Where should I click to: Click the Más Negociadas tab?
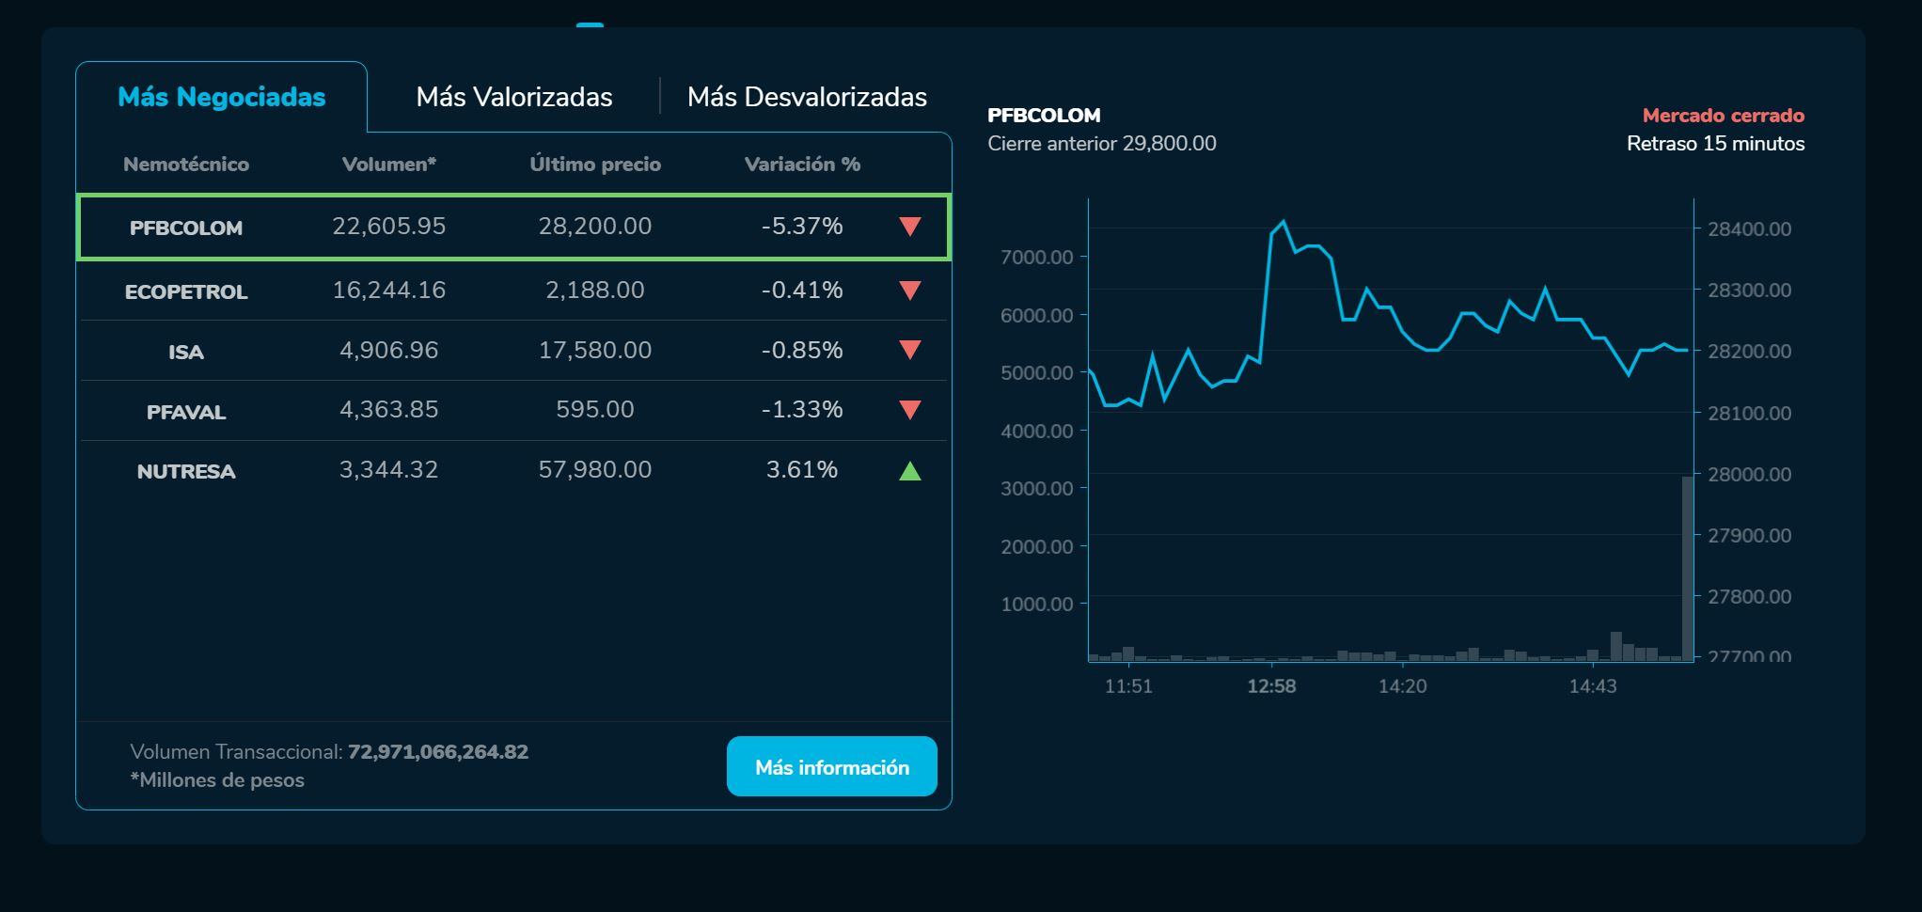click(x=221, y=97)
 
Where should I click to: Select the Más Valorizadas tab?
click(x=513, y=97)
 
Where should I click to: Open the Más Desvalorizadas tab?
click(x=807, y=97)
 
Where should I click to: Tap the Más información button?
click(x=831, y=767)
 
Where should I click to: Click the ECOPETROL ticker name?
click(x=186, y=291)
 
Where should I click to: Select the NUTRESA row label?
click(x=186, y=471)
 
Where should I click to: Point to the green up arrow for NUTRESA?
click(x=909, y=471)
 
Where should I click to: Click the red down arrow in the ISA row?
click(x=909, y=350)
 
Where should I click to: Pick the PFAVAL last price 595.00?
click(x=594, y=410)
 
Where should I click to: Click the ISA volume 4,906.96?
click(x=388, y=350)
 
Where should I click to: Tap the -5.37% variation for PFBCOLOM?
click(x=801, y=227)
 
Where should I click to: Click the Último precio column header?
click(x=594, y=165)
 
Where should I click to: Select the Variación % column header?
click(x=801, y=165)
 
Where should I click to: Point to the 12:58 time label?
click(x=1271, y=686)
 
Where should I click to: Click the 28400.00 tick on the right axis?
click(x=1749, y=228)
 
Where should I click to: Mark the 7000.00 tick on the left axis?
click(x=1037, y=258)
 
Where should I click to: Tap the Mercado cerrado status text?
click(x=1723, y=116)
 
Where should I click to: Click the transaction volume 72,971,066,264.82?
click(x=438, y=752)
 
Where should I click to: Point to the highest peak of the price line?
click(x=1284, y=222)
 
